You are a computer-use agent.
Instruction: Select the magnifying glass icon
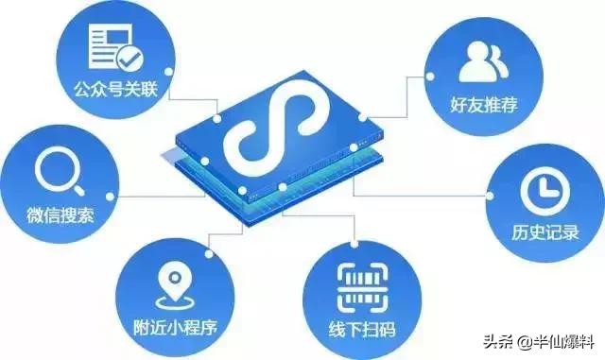click(55, 173)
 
